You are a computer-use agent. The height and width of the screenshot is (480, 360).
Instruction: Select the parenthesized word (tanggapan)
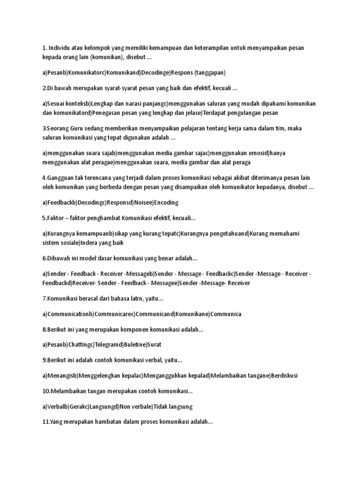coord(210,73)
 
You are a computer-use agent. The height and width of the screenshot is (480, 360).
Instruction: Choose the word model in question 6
coord(84,259)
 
